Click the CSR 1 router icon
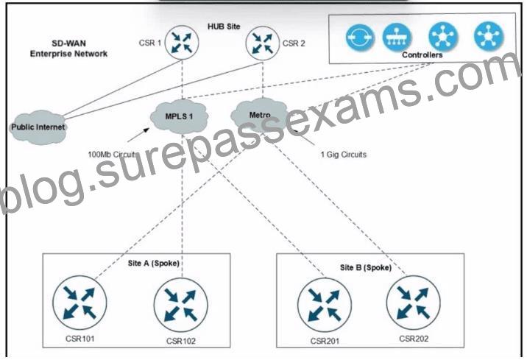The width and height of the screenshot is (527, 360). pos(182,43)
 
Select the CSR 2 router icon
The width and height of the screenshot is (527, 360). pos(263,43)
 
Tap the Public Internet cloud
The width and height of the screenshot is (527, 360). pos(38,127)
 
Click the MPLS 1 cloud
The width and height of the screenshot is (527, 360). pos(179,116)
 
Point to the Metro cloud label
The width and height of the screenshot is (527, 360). pos(260,115)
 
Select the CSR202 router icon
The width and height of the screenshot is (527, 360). pos(414,303)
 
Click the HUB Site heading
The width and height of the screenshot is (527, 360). pos(224,27)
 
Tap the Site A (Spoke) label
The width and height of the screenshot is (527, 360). pos(154,264)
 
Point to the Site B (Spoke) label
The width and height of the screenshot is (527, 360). pos(366,267)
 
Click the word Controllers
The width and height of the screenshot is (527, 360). pos(422,54)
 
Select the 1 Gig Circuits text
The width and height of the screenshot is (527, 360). pos(344,155)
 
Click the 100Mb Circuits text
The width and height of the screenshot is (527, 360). pos(113,155)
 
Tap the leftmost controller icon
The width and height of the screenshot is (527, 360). pos(360,37)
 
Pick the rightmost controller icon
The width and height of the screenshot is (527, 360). pos(489,35)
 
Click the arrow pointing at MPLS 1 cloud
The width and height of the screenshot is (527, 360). pos(138,135)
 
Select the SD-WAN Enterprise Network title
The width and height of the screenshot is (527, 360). pos(68,49)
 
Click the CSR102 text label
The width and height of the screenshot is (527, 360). pos(181,341)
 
